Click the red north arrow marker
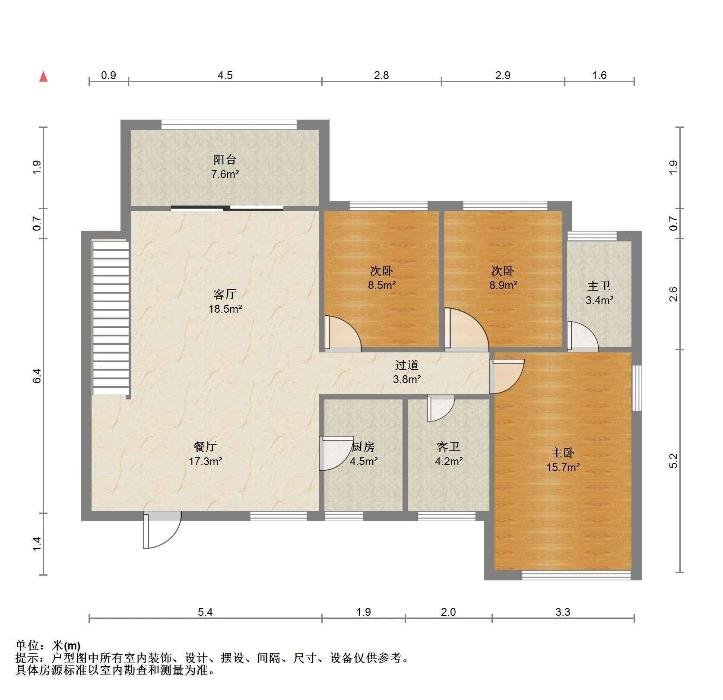(x=43, y=77)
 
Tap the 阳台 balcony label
(x=225, y=160)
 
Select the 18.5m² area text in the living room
(x=225, y=309)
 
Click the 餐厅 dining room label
(x=205, y=446)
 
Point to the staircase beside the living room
(x=111, y=318)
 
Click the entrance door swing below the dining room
(x=162, y=530)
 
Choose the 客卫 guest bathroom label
(x=448, y=447)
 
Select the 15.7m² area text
(x=563, y=467)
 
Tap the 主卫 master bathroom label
(x=599, y=286)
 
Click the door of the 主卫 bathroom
(x=583, y=335)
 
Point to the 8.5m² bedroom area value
(x=382, y=285)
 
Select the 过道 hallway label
(x=407, y=365)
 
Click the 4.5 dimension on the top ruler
(x=225, y=76)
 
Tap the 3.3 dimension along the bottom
(x=563, y=612)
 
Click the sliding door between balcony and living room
(x=227, y=208)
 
